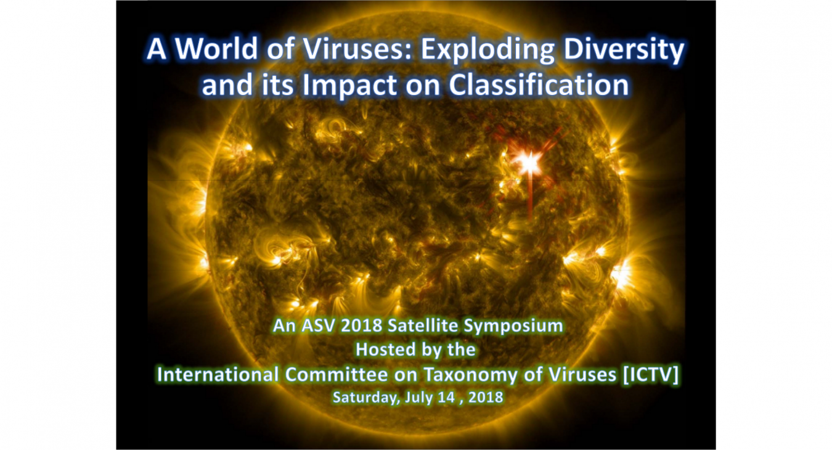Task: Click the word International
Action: pos(216,374)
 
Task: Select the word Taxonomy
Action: pos(456,375)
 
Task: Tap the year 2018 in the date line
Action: pos(486,398)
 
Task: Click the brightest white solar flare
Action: pos(529,162)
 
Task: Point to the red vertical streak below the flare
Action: pos(530,197)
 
